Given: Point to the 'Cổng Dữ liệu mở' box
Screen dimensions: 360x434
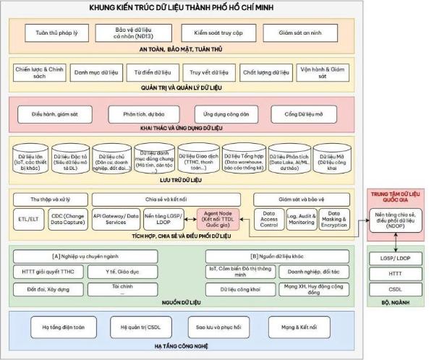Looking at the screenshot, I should tap(304, 114).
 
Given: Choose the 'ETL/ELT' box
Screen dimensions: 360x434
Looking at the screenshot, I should tap(29, 219).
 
